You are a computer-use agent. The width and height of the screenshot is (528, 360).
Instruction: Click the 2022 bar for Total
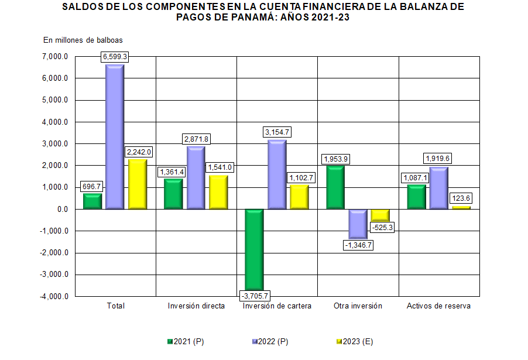(x=115, y=136)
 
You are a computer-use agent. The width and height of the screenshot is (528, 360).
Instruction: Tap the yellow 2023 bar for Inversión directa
(x=218, y=192)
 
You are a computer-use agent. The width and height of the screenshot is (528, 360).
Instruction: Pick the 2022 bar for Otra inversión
(x=358, y=224)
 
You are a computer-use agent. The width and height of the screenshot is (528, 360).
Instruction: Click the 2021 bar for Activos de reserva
(x=416, y=197)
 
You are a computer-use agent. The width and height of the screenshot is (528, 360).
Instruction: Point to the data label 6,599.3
(x=115, y=57)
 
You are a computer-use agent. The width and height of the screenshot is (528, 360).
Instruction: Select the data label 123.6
(x=461, y=199)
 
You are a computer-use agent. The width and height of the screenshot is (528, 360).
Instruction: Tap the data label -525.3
(x=381, y=227)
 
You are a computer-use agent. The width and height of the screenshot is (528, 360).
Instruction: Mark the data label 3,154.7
(x=277, y=133)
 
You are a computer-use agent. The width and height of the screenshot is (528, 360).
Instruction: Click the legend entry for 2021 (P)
(x=185, y=341)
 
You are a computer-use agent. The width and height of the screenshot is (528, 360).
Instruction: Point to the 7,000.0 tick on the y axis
(x=56, y=57)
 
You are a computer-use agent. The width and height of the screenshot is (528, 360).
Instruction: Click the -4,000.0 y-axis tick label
(x=54, y=296)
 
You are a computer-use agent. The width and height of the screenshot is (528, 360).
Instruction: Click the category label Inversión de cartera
(x=277, y=306)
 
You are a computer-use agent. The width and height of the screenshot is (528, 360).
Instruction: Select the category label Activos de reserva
(x=438, y=306)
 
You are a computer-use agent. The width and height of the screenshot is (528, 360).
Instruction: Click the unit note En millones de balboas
(x=83, y=40)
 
